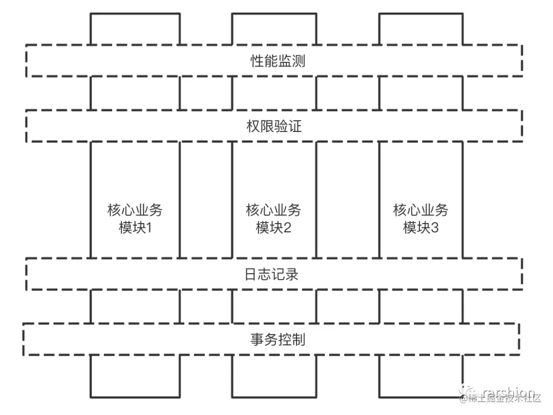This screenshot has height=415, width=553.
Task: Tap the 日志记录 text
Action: tap(275, 274)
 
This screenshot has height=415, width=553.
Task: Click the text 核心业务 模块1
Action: tap(135, 219)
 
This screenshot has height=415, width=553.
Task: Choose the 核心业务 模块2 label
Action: tap(273, 219)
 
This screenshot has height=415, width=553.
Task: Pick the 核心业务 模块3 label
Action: tap(420, 219)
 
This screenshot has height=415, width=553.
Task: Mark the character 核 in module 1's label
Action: tap(114, 210)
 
